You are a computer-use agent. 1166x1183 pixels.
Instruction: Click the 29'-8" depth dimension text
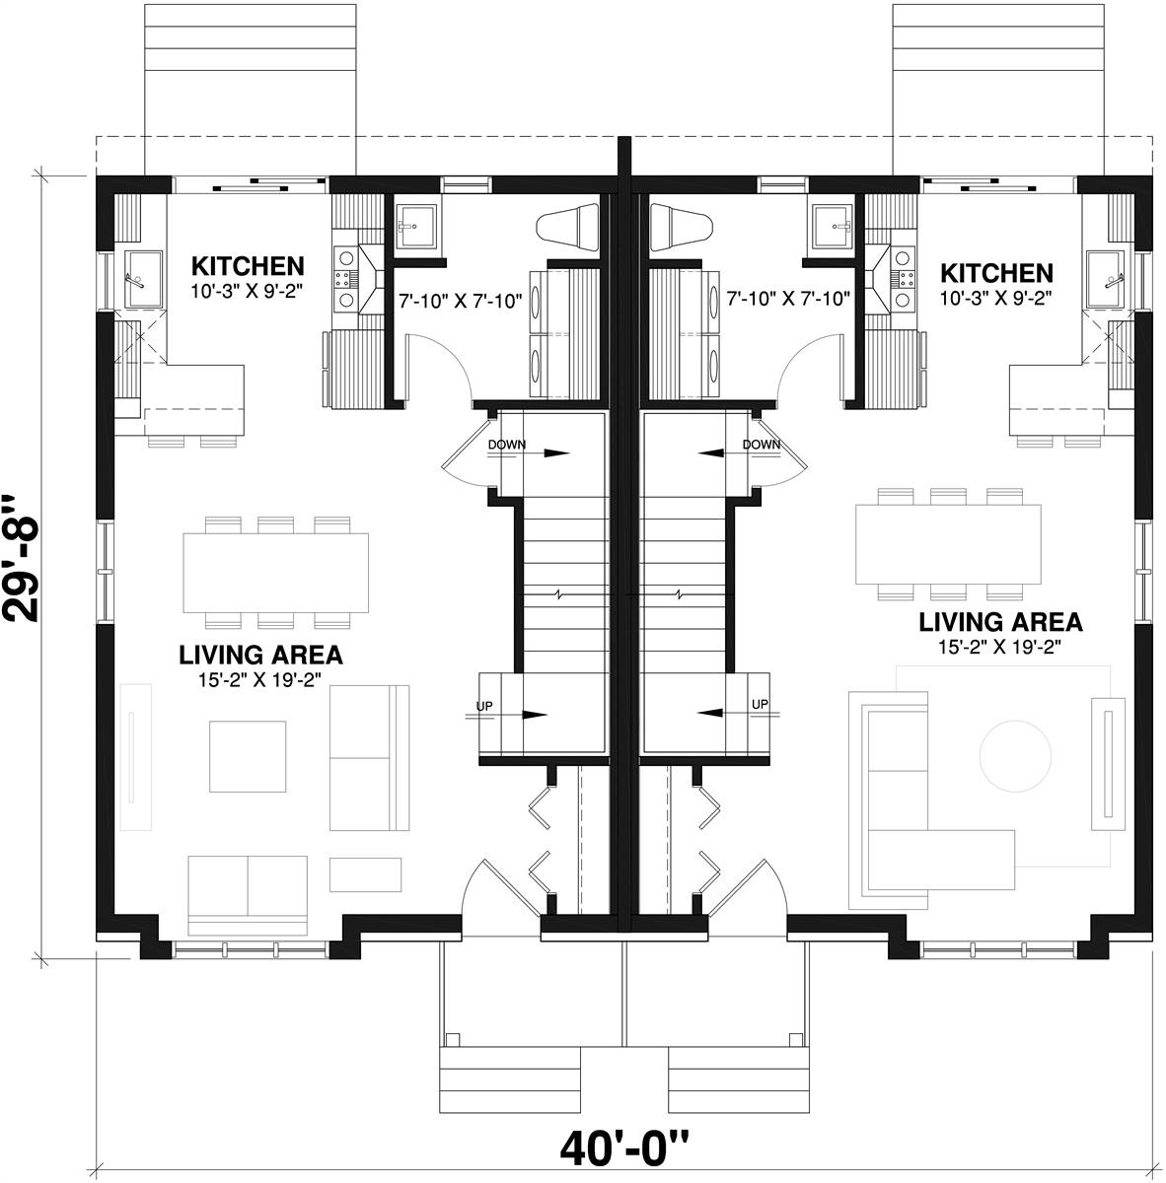22,559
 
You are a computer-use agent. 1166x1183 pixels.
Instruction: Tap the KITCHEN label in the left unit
248,267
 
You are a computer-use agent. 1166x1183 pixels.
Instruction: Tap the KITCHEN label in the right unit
996,273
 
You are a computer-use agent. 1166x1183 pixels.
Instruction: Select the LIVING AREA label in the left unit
260,655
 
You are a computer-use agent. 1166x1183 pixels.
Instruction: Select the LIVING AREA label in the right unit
1000,622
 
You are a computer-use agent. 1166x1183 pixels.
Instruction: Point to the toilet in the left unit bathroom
567,227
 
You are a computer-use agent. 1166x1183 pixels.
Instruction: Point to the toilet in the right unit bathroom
682,227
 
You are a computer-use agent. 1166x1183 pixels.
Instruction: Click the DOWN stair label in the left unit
507,445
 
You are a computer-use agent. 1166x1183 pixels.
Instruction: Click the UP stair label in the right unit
760,704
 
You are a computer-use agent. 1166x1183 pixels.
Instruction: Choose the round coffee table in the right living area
1015,754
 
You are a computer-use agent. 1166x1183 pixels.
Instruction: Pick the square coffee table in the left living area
248,757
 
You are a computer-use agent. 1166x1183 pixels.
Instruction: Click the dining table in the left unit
276,573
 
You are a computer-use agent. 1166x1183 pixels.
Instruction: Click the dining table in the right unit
948,544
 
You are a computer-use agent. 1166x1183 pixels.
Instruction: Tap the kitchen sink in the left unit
143,279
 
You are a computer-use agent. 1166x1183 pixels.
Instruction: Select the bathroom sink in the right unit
832,228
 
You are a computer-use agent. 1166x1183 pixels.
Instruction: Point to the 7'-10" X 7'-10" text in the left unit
460,301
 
